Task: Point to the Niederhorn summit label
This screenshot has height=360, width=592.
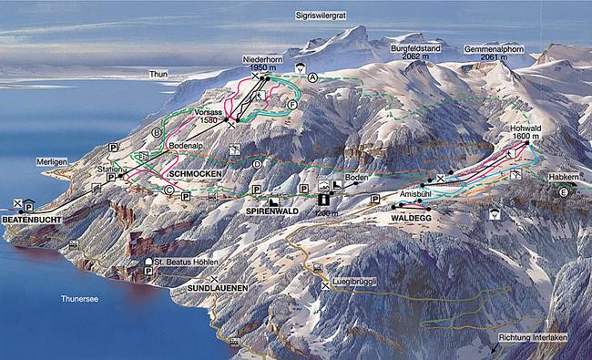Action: click(x=260, y=59)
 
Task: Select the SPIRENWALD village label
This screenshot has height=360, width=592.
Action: click(x=274, y=211)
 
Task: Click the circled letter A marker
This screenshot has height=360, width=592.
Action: click(x=312, y=78)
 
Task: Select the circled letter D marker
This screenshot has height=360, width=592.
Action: click(x=258, y=164)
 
